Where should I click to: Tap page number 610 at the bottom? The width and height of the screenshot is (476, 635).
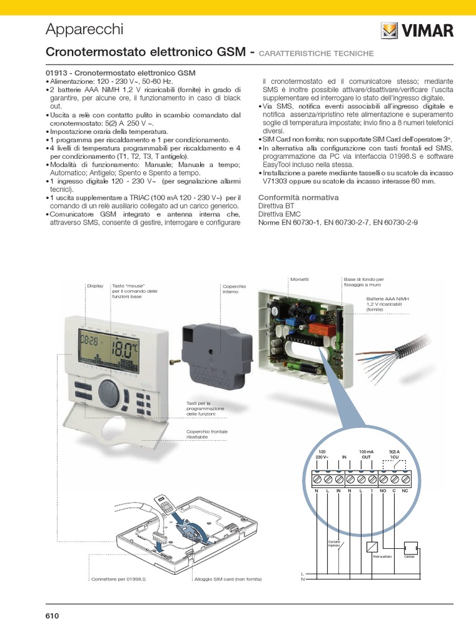coord(51,616)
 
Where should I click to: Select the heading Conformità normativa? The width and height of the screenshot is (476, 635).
coord(298,197)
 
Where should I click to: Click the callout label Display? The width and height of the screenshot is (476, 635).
coord(95,286)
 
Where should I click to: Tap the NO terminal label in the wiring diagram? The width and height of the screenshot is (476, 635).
coord(382,491)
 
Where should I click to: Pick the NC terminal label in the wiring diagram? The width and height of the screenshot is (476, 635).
coord(405,491)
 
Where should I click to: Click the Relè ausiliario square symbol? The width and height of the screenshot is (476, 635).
coord(372,546)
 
